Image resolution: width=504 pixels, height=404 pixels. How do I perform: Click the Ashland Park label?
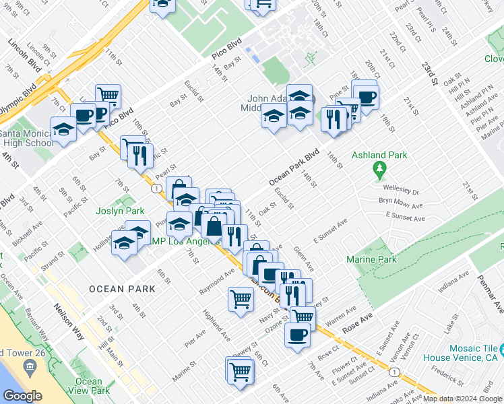click(x=379, y=155)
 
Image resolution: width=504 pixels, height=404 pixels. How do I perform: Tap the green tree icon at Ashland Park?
click(x=379, y=168)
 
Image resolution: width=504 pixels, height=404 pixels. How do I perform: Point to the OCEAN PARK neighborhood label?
click(x=122, y=289)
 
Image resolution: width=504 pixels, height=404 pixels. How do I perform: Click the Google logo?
click(x=22, y=396)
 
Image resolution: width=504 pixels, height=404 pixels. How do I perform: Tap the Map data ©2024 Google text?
click(x=463, y=399)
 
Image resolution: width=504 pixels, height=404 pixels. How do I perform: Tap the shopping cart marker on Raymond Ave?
click(x=241, y=298)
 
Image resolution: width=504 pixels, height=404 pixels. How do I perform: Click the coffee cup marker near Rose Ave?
click(x=297, y=334)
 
